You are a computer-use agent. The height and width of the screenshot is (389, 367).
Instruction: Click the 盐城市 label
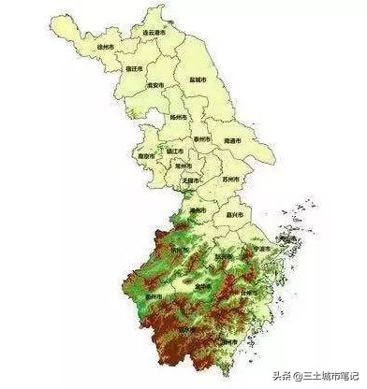coord(198,80)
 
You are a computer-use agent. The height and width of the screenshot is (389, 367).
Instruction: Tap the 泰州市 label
coord(201,137)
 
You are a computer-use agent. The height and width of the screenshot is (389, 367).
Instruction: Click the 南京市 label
coord(145,156)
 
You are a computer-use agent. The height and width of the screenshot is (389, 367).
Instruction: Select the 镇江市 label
coord(174,150)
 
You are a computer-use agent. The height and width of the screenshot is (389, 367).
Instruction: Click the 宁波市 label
coord(263,250)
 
